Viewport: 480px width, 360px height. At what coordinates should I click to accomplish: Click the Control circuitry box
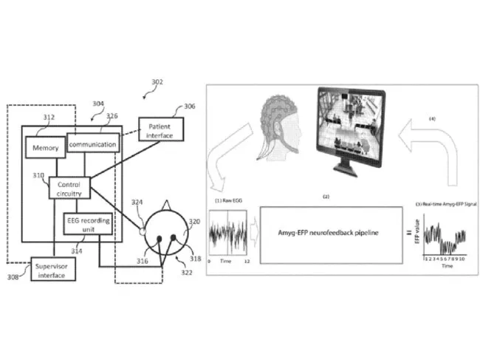click(69, 186)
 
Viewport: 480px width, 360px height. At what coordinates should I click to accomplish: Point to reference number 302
click(157, 81)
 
